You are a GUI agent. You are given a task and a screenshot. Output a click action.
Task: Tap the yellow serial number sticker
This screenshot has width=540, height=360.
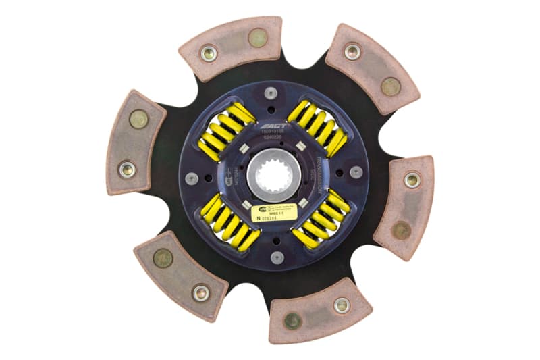[277, 214]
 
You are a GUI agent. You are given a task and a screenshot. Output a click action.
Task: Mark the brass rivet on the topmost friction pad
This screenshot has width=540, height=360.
[256, 37]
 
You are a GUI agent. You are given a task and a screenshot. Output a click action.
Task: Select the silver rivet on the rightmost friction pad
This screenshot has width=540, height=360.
[412, 180]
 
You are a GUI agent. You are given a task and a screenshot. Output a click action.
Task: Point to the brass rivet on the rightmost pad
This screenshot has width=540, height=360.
[402, 230]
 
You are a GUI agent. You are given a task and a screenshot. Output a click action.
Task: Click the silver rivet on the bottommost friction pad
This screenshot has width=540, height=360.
[342, 305]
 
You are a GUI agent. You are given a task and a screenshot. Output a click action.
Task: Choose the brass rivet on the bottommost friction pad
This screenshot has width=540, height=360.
[293, 320]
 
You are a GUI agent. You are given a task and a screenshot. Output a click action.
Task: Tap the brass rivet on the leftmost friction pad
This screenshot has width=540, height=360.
[139, 119]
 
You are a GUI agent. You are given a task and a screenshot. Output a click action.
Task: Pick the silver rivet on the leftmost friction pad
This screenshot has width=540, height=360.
[126, 169]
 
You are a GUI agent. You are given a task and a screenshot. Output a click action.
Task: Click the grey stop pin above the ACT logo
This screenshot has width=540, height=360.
[271, 93]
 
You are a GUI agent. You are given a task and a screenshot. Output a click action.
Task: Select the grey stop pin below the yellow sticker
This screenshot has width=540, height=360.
[277, 257]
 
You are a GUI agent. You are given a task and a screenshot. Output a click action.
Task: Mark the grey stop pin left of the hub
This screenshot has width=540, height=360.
[193, 178]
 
